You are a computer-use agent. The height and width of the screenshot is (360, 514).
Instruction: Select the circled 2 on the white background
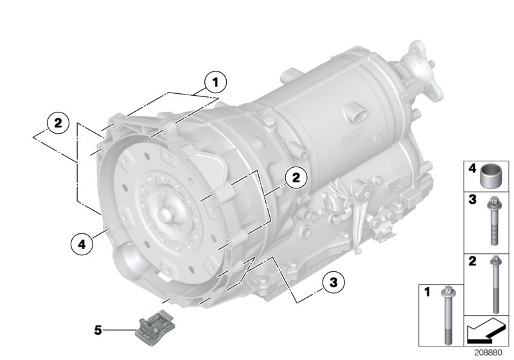(x=58, y=123)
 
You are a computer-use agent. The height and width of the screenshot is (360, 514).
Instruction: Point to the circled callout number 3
(x=333, y=282)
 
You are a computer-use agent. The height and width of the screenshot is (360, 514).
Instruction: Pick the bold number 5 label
(x=98, y=330)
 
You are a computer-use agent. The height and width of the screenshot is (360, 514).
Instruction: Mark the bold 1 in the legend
(x=425, y=292)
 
